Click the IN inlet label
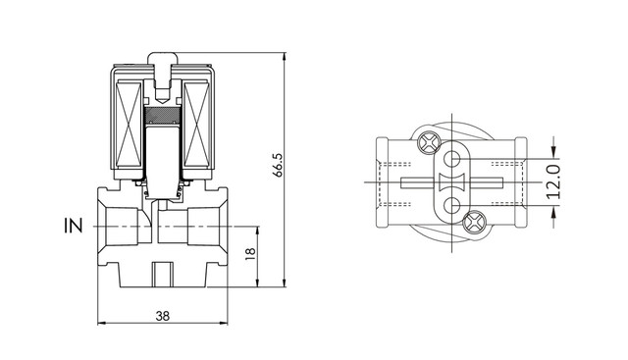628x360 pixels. point(73,226)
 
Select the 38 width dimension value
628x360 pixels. point(162,317)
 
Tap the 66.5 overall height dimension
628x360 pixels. point(278,164)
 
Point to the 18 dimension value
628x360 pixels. point(249,254)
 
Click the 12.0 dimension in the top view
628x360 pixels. point(553,181)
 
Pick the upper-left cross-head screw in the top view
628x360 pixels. point(429,142)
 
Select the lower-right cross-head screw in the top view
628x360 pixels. point(474,223)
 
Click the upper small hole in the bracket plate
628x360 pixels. point(452,159)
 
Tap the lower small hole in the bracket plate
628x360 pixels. point(452,206)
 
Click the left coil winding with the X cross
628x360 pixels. point(129,125)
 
